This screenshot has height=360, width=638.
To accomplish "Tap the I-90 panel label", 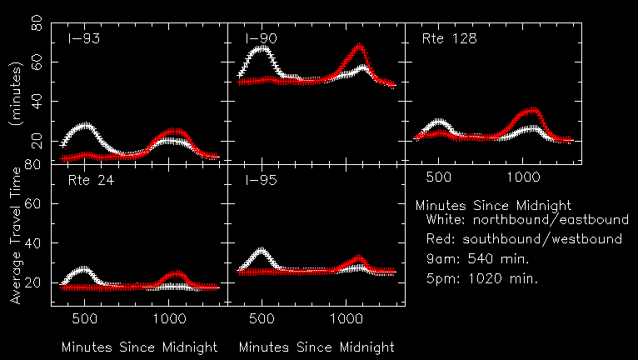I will [261, 39].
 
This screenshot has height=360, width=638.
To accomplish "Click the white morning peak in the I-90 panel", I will [262, 48].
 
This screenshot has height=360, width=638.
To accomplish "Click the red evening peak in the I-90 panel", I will [359, 49].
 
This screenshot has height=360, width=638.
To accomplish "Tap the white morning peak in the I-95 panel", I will [262, 250].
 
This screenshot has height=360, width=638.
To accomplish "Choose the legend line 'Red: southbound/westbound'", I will [523, 240].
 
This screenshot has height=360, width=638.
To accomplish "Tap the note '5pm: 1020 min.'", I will [481, 278].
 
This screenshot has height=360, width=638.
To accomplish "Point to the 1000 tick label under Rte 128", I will [523, 177].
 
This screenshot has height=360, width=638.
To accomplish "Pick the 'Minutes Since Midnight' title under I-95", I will [317, 347].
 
